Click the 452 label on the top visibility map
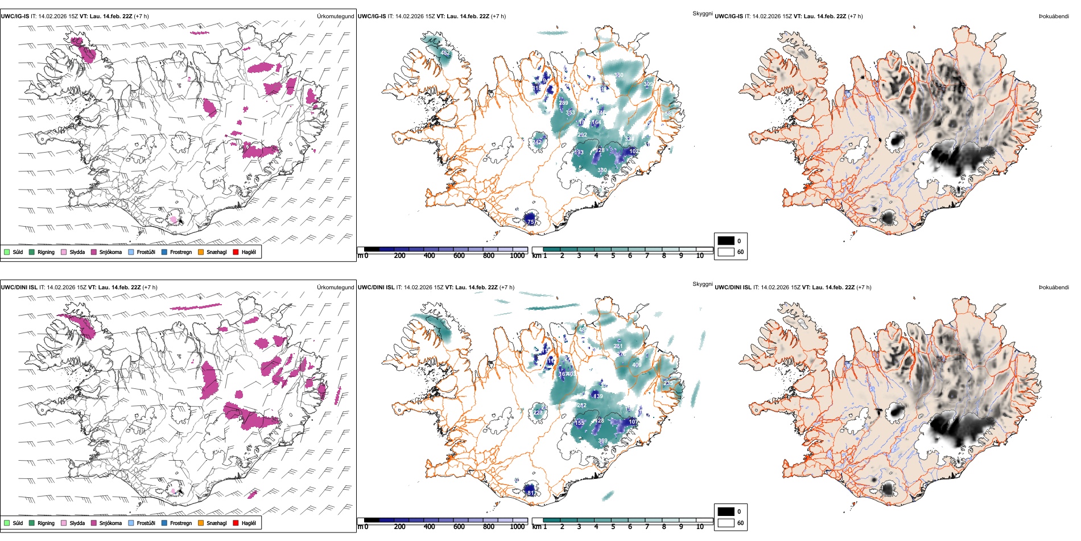(x=445, y=53)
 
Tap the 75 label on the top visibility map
(x=530, y=222)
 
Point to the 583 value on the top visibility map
(x=668, y=114)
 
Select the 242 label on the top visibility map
(x=537, y=142)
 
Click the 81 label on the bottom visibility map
(x=530, y=493)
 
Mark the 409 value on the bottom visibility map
(x=637, y=365)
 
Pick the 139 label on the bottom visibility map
(x=598, y=396)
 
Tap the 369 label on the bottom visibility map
(x=603, y=441)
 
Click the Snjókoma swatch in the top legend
(x=94, y=252)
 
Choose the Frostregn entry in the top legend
(x=164, y=252)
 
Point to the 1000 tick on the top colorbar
(x=517, y=256)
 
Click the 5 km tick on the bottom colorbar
(x=613, y=527)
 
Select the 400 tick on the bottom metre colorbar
(x=429, y=527)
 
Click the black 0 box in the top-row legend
(x=726, y=241)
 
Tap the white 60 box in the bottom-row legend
(x=726, y=523)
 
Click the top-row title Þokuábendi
(x=1054, y=17)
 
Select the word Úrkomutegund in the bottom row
(x=335, y=288)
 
